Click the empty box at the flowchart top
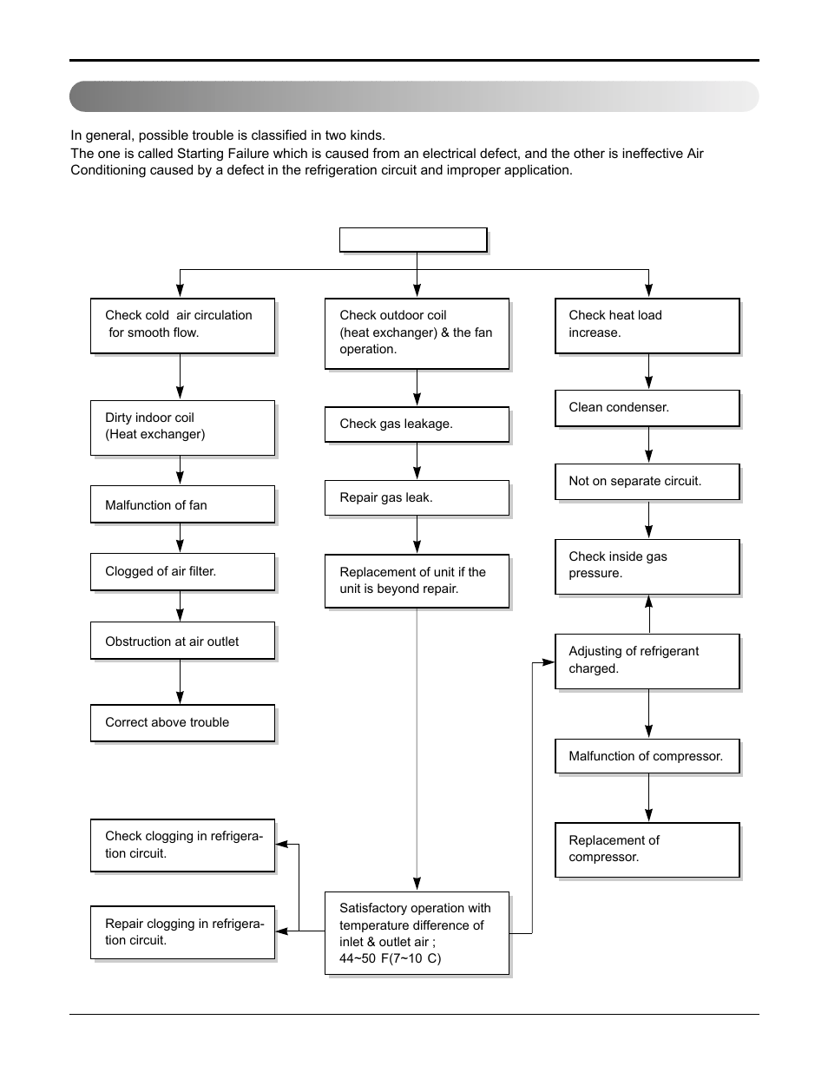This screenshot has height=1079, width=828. pyautogui.click(x=413, y=240)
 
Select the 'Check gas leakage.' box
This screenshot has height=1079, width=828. pyautogui.click(x=417, y=424)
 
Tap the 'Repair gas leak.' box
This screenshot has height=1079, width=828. pyautogui.click(x=417, y=498)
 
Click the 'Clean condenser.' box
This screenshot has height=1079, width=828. pyautogui.click(x=647, y=408)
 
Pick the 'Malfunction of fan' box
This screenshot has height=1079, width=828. pyautogui.click(x=182, y=505)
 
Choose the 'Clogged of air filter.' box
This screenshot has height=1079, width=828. pyautogui.click(x=182, y=572)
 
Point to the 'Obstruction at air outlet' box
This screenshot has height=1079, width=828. pyautogui.click(x=182, y=641)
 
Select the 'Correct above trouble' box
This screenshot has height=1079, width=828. pyautogui.click(x=182, y=723)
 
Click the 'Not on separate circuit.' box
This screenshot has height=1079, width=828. pyautogui.click(x=647, y=482)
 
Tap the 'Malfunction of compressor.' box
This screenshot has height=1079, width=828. pyautogui.click(x=647, y=756)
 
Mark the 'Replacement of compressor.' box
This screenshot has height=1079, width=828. pyautogui.click(x=647, y=850)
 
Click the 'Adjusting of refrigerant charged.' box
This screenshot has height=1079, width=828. pyautogui.click(x=647, y=661)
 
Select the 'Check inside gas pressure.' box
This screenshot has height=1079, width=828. pyautogui.click(x=647, y=566)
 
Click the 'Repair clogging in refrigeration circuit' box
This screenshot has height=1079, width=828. pyautogui.click(x=182, y=932)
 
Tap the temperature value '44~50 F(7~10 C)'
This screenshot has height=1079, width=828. pyautogui.click(x=390, y=959)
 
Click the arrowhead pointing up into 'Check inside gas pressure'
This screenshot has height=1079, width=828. pyautogui.click(x=648, y=602)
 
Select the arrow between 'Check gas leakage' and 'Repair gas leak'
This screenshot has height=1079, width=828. pyautogui.click(x=417, y=461)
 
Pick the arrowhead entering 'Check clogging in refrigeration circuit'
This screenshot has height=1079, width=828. pyautogui.click(x=282, y=845)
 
